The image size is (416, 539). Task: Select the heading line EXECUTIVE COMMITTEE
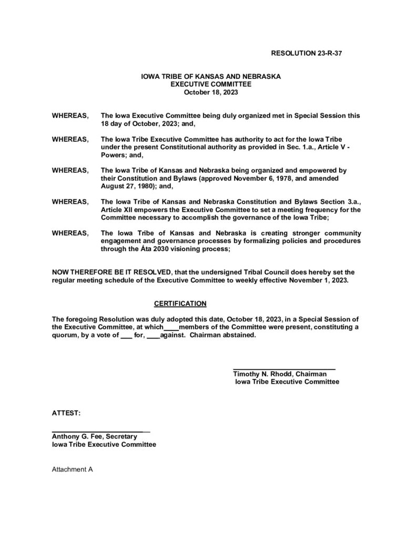click(x=211, y=84)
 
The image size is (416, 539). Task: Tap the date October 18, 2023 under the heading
click(x=211, y=91)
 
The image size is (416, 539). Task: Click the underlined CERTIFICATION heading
click(x=180, y=304)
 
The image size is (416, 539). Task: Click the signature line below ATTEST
click(x=100, y=431)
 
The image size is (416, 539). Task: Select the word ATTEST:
click(x=66, y=414)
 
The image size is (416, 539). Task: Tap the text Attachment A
click(x=72, y=468)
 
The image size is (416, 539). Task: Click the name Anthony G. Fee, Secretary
click(x=94, y=437)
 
